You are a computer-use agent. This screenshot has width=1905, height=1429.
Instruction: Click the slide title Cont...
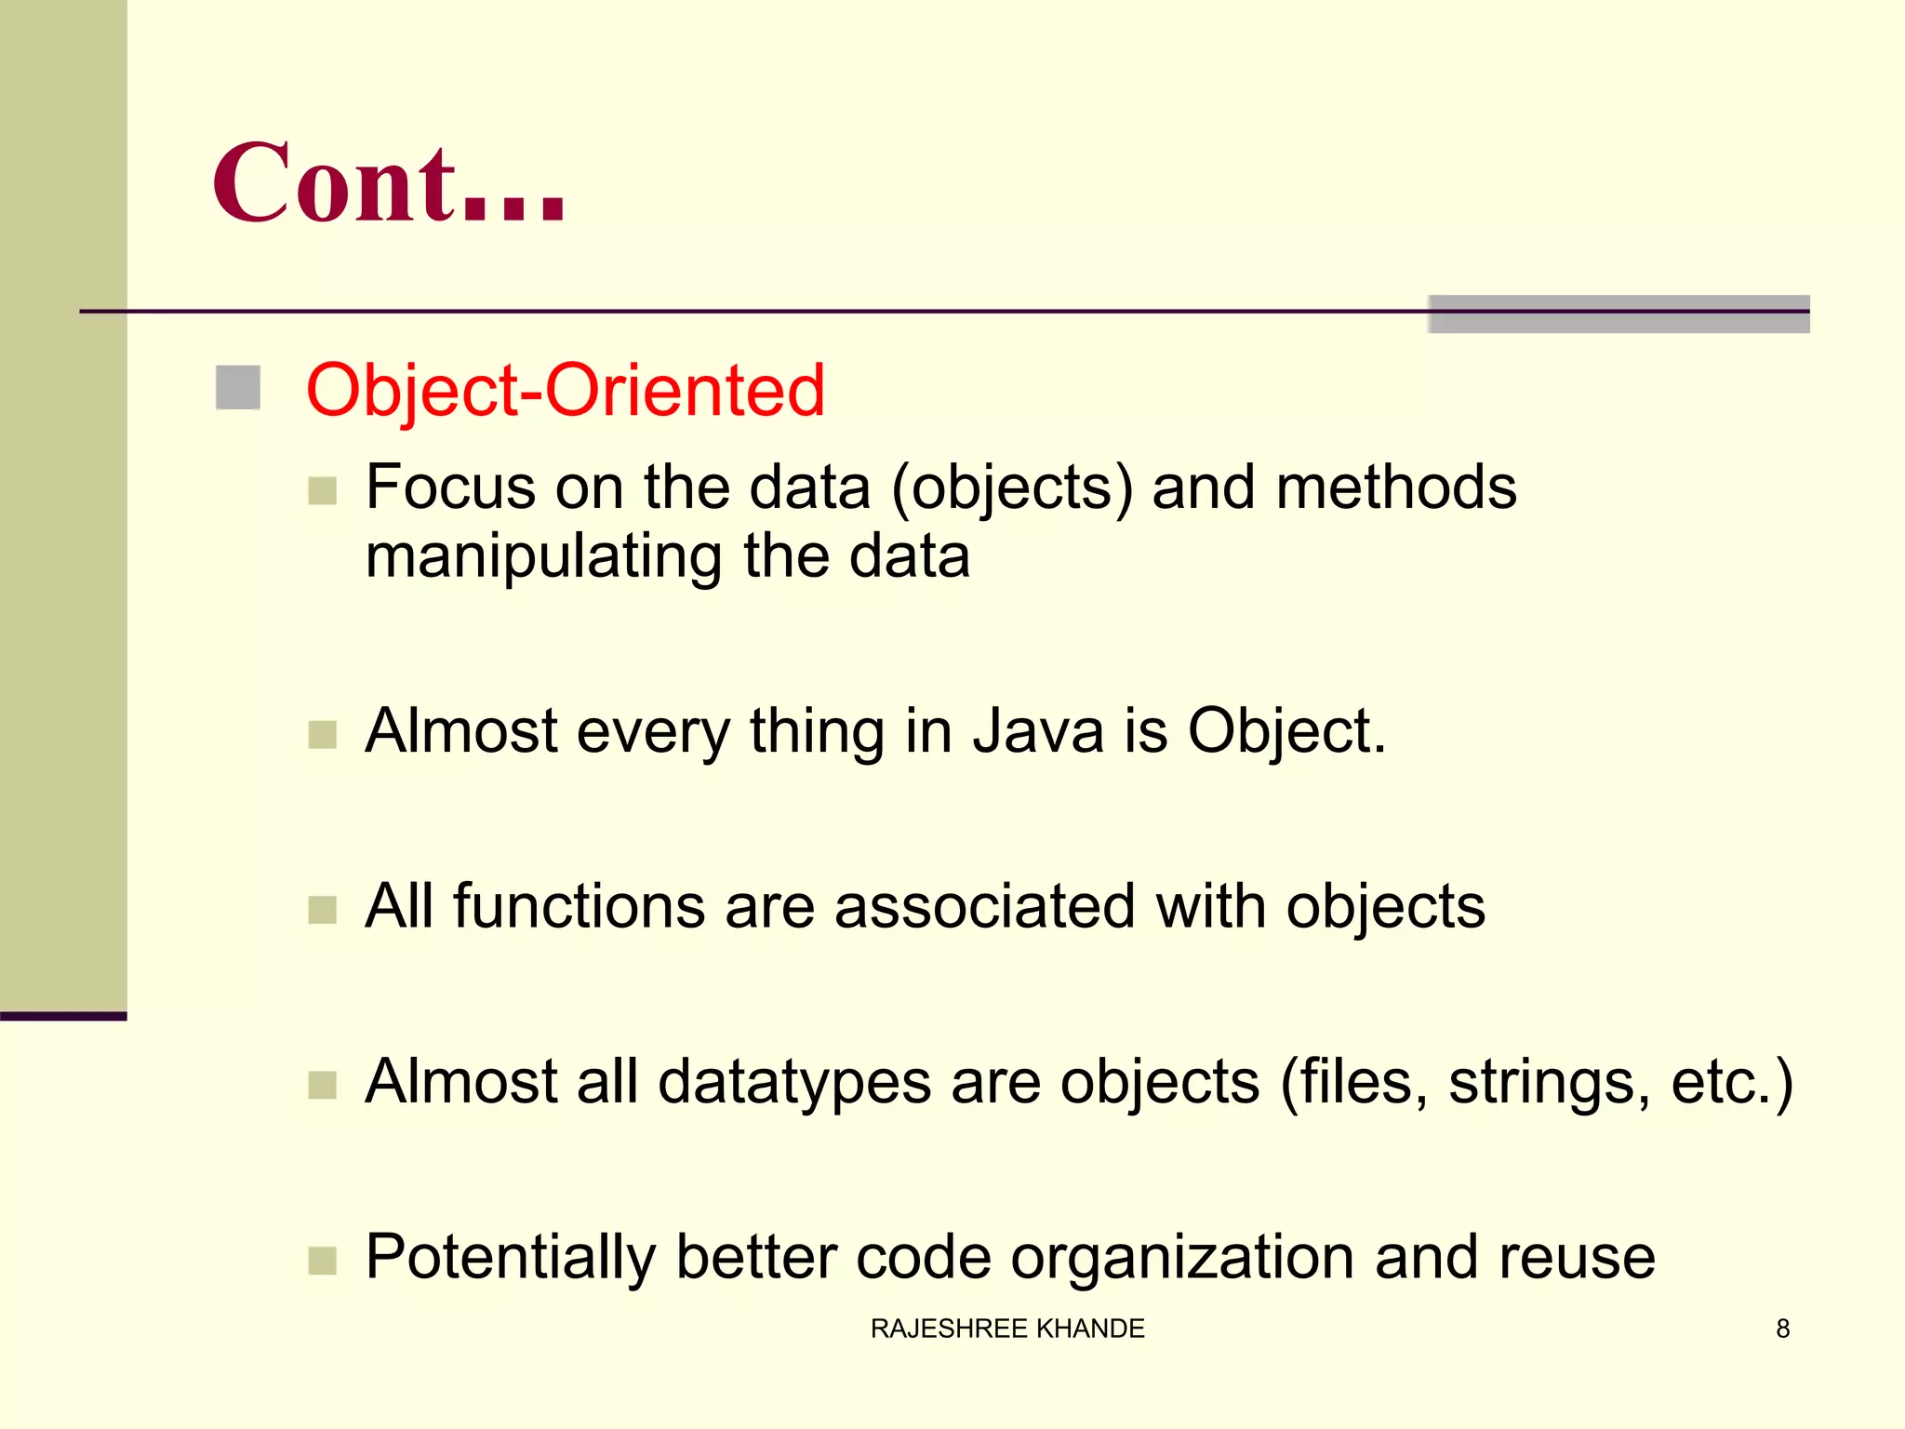pyautogui.click(x=388, y=183)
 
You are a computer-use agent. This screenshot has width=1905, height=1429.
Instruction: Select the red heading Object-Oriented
pyautogui.click(x=565, y=390)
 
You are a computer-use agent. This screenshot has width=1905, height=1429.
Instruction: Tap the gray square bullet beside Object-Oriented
pyautogui.click(x=237, y=388)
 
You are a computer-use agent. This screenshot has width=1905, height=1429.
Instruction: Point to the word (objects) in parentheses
pyautogui.click(x=1012, y=488)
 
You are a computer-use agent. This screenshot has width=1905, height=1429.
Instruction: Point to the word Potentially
pyautogui.click(x=511, y=1258)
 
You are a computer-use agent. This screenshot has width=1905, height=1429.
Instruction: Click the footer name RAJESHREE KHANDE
pyautogui.click(x=1007, y=1329)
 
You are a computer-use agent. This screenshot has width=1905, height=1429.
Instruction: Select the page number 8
pyautogui.click(x=1782, y=1329)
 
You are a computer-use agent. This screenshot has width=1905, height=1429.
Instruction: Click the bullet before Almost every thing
pyautogui.click(x=322, y=735)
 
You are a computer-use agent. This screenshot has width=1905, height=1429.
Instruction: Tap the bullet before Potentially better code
pyautogui.click(x=322, y=1261)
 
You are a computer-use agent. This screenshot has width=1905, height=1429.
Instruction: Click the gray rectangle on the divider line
pyautogui.click(x=1619, y=314)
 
